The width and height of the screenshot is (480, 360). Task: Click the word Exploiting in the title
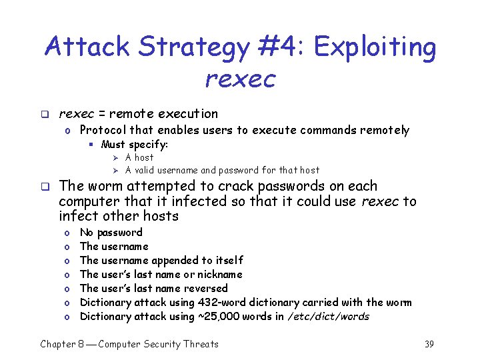[x=375, y=47]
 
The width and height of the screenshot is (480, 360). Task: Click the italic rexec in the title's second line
[x=240, y=79]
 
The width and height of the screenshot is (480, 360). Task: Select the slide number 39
[x=429, y=344]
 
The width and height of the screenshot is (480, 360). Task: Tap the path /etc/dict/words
[x=328, y=317]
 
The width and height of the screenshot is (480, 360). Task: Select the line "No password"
[x=111, y=233]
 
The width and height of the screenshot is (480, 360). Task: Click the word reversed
[x=205, y=289]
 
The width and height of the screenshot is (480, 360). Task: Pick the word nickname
[x=219, y=275]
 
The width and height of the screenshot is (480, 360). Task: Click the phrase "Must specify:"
[x=134, y=145]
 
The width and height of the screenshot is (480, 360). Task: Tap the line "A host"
[x=139, y=157]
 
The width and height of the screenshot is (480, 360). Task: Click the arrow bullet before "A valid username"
[x=115, y=170]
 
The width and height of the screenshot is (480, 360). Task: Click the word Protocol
[x=103, y=131]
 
